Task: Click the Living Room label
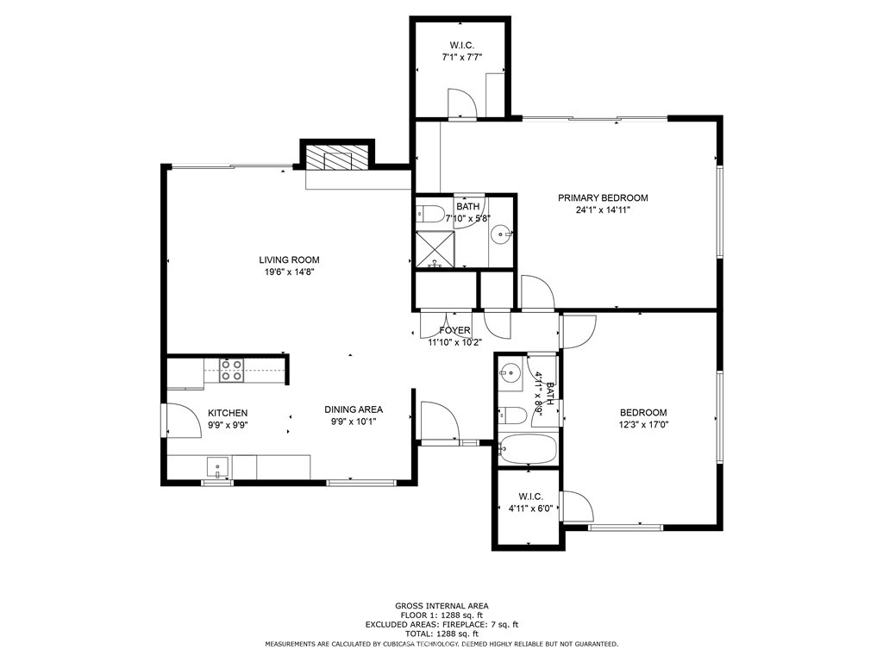[290, 259]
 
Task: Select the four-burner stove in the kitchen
[231, 371]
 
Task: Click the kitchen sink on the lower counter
[216, 468]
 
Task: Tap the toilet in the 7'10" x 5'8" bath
[431, 213]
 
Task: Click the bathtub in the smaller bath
[528, 449]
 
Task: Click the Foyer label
[454, 330]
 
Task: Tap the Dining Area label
[354, 409]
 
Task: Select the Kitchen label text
[228, 413]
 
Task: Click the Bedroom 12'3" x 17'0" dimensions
[642, 424]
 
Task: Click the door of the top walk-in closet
[463, 103]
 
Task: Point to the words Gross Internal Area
[441, 606]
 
